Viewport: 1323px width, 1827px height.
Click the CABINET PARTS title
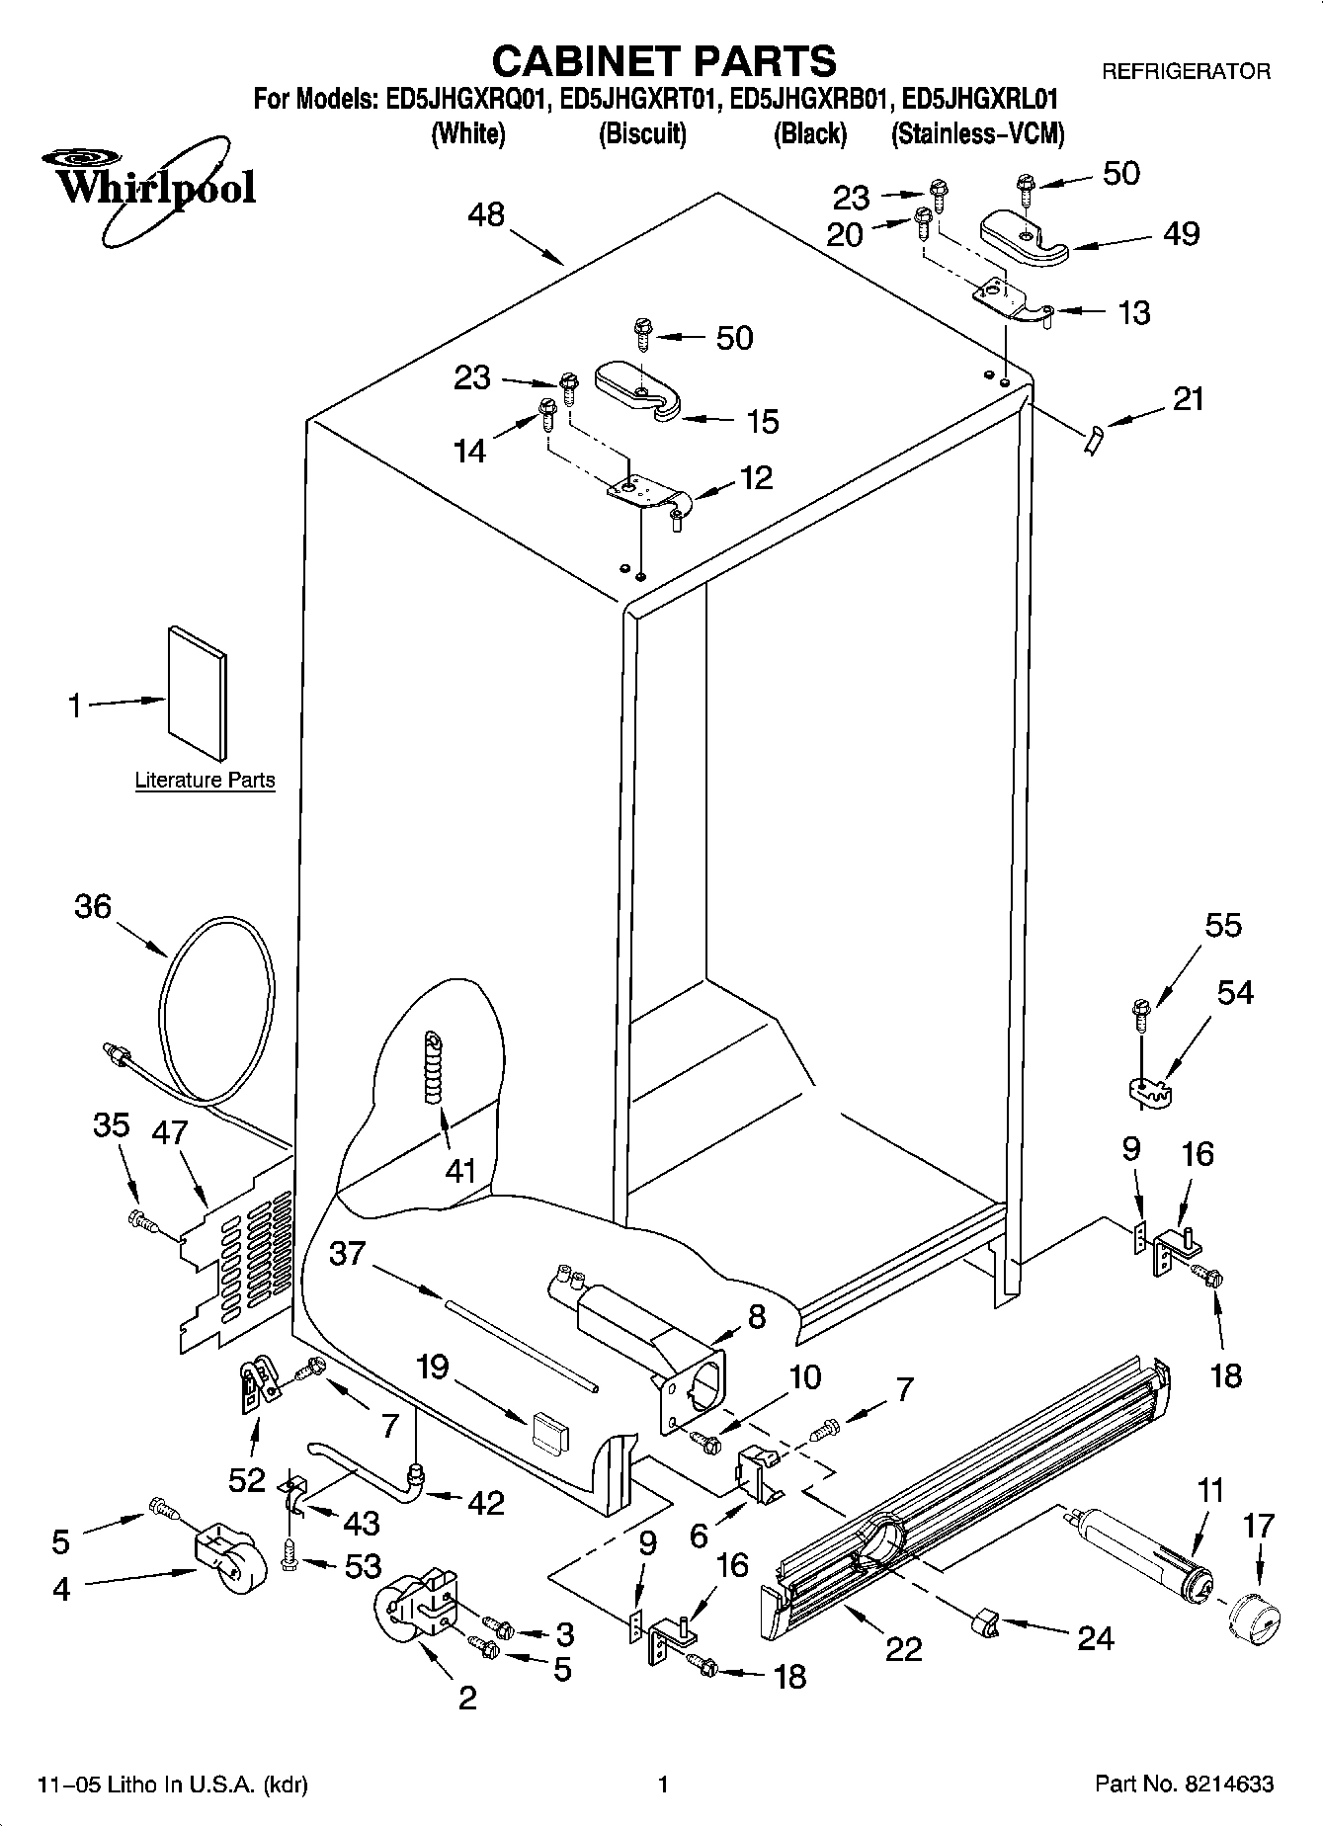pos(663,61)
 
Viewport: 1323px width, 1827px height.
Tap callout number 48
pos(485,214)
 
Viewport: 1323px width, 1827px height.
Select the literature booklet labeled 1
pos(196,696)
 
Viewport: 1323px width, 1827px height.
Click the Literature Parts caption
pos(205,781)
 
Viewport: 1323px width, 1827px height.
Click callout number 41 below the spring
pos(461,1171)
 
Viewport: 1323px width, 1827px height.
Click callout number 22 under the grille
pos(904,1648)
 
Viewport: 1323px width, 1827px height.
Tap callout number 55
pos(1223,926)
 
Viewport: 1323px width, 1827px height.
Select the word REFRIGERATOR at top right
pos(1186,71)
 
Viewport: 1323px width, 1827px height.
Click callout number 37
pos(347,1254)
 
